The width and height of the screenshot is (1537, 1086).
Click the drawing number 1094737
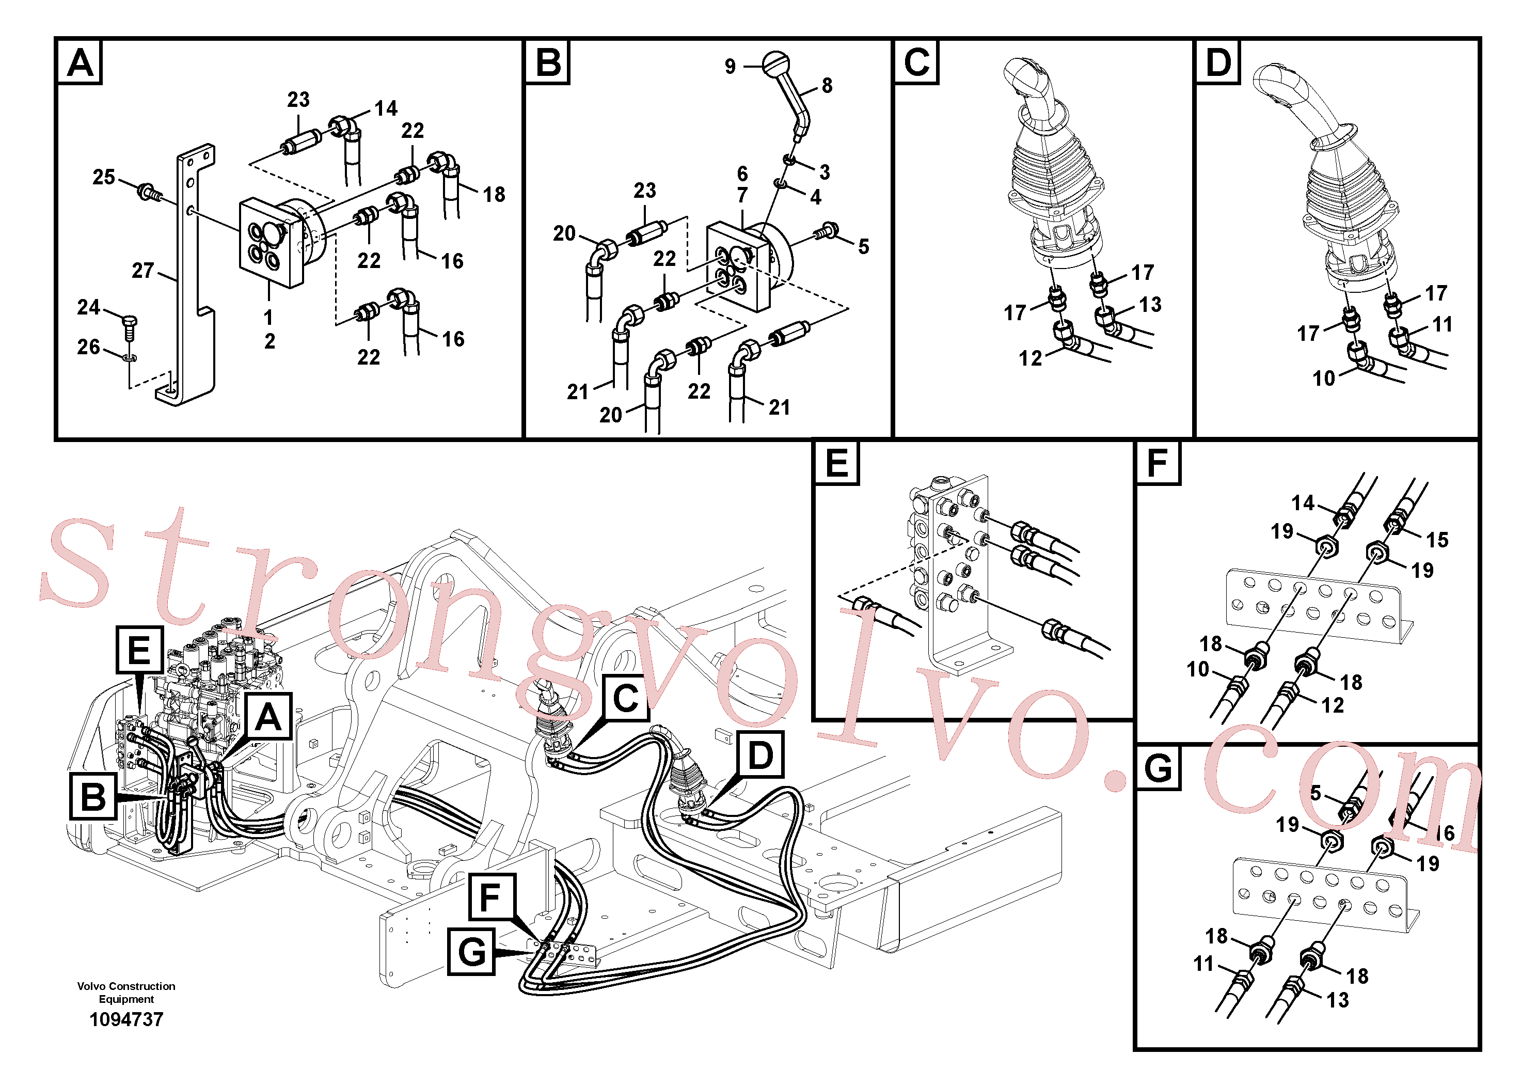tap(126, 1020)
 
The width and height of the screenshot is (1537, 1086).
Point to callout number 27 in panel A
tap(142, 271)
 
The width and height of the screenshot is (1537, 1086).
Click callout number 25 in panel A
tap(104, 178)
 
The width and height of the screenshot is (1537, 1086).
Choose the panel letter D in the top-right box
tap(1218, 62)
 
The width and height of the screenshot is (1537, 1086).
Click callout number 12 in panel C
tap(1030, 359)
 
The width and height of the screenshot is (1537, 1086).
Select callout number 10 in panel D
tap(1323, 379)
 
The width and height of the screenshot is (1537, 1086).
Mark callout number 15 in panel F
tap(1437, 540)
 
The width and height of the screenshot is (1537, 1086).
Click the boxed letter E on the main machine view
tap(139, 650)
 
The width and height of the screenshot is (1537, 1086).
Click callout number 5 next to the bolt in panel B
tap(864, 247)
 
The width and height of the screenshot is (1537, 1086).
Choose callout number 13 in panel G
tap(1338, 1000)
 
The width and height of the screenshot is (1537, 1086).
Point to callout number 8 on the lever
tap(828, 86)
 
